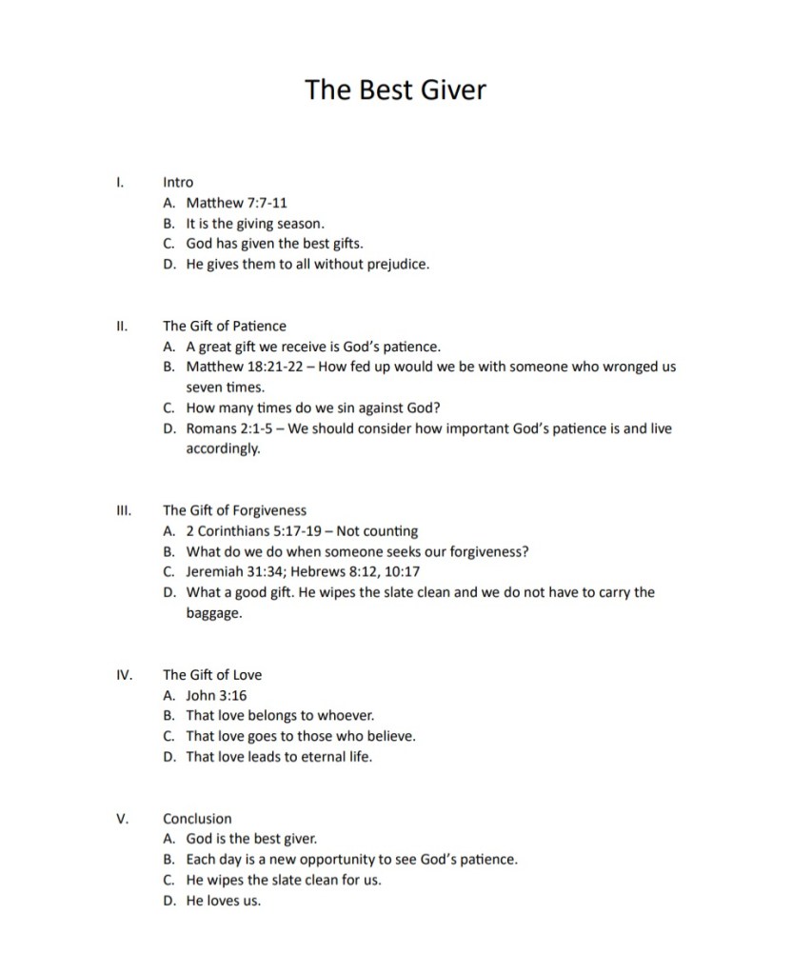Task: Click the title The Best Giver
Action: [x=395, y=89]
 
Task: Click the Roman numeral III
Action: [x=121, y=510]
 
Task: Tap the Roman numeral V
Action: [x=121, y=818]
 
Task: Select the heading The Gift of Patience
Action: [x=224, y=326]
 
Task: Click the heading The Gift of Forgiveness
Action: [x=234, y=510]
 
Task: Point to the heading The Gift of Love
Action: [x=212, y=675]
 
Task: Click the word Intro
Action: [x=178, y=182]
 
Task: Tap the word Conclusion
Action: [x=197, y=818]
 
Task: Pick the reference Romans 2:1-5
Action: [x=229, y=428]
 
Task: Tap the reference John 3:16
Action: [x=216, y=695]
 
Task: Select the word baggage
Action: [x=213, y=613]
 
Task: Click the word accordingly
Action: [x=222, y=448]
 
